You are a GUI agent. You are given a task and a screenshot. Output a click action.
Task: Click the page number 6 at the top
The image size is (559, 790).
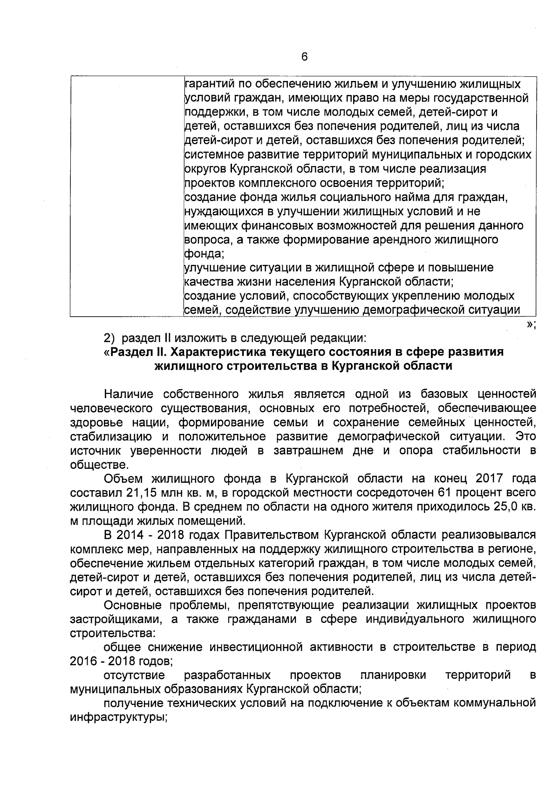(304, 57)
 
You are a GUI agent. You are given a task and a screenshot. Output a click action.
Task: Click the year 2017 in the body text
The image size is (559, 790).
(489, 479)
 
